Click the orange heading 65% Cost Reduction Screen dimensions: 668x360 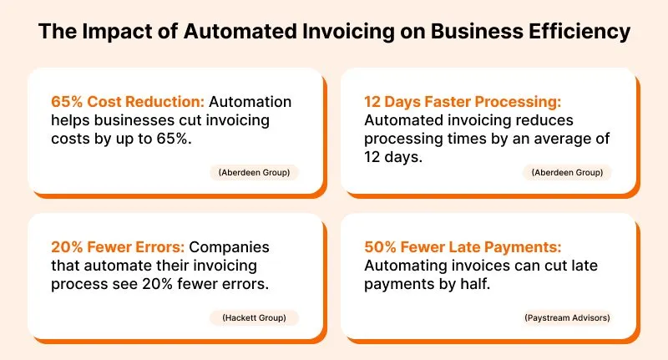pos(128,101)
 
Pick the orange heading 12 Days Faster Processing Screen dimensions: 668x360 pos(463,101)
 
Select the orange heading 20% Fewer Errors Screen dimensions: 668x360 pos(118,246)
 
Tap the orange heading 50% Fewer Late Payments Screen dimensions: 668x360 pos(463,246)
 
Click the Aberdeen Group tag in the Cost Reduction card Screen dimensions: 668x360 pos(255,173)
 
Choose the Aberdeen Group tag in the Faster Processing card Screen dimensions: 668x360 pos(567,173)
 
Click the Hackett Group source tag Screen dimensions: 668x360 pos(255,318)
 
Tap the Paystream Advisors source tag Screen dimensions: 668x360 pos(567,318)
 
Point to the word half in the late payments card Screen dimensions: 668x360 pos(475,284)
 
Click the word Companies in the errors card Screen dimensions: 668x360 pos(229,247)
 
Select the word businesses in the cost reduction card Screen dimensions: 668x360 pos(134,120)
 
